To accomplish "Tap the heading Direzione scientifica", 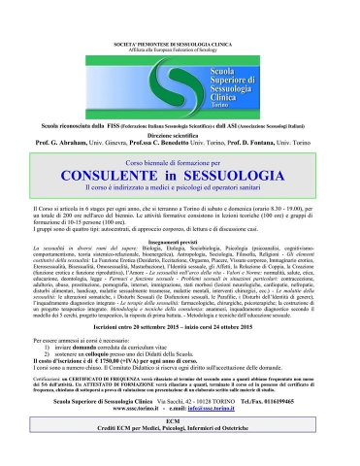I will click(180, 118).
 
